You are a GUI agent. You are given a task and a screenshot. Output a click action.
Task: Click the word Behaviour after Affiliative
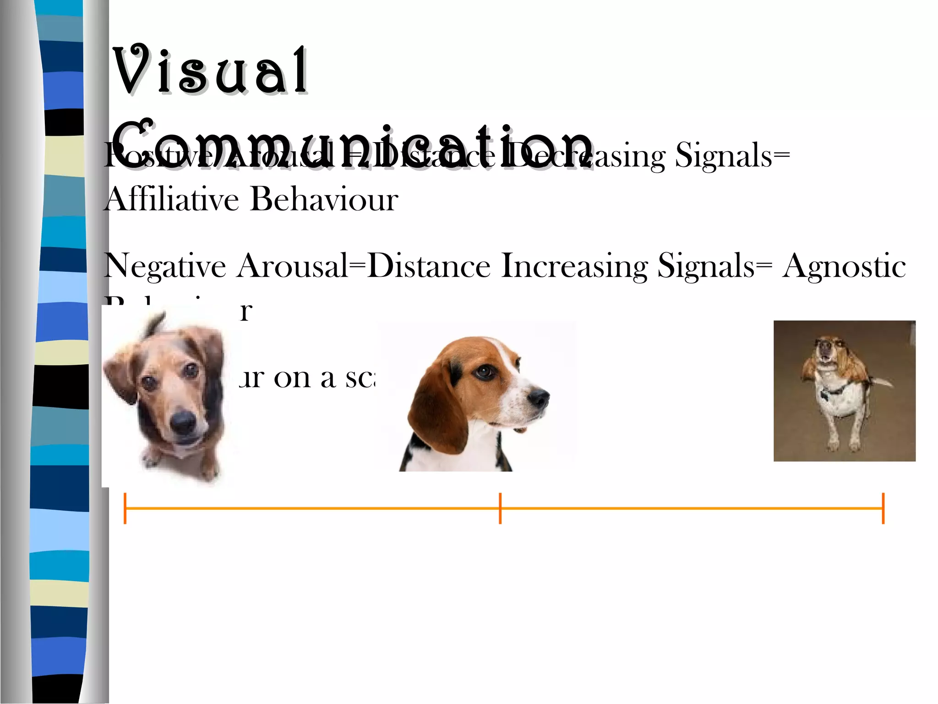pos(324,199)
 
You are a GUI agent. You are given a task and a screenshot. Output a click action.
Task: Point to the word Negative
pos(165,266)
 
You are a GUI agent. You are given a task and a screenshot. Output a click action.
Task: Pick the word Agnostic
pos(844,266)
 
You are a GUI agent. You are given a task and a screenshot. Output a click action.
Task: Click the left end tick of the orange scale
pos(125,508)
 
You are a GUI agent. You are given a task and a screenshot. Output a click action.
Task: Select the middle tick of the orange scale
pos(500,508)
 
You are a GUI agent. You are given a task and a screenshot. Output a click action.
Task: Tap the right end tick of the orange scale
pos(883,508)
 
